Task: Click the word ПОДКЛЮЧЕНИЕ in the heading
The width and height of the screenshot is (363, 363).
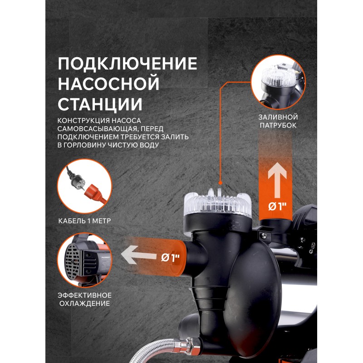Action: (128, 64)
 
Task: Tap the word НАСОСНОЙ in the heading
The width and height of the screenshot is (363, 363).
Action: (108, 83)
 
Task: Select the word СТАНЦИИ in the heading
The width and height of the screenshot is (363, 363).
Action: (100, 104)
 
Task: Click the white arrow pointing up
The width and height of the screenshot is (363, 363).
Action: (277, 180)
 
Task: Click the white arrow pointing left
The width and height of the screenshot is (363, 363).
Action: (138, 255)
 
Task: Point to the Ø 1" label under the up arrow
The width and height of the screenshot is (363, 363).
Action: (277, 206)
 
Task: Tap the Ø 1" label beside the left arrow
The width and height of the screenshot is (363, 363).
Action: (171, 257)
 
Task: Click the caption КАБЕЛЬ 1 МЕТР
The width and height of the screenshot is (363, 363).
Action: (84, 221)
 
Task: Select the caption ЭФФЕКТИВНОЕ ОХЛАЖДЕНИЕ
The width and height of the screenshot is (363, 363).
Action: (84, 299)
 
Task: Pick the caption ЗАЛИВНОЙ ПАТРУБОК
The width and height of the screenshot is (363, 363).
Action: (278, 121)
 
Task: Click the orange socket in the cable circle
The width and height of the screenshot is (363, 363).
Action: (95, 193)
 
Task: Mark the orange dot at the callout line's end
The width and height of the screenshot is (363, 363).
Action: (221, 183)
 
